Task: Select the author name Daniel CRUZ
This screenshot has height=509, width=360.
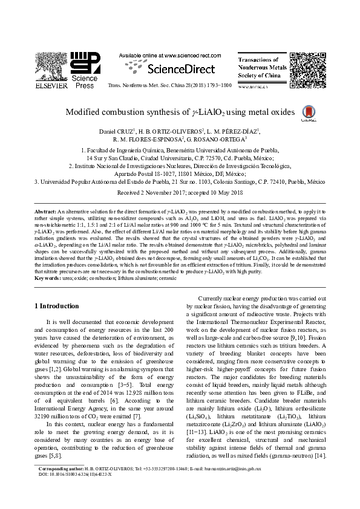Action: [x=116, y=131]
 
